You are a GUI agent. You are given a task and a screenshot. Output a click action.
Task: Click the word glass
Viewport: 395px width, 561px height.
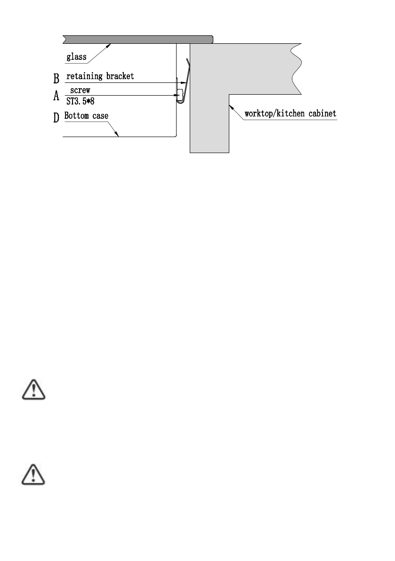pyautogui.click(x=76, y=58)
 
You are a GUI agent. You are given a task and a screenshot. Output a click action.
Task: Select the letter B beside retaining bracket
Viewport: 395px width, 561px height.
pyautogui.click(x=56, y=77)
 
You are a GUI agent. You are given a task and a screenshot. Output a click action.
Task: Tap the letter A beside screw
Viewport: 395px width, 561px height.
pyautogui.click(x=56, y=96)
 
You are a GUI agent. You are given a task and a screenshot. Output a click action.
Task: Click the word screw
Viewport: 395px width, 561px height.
pyautogui.click(x=80, y=89)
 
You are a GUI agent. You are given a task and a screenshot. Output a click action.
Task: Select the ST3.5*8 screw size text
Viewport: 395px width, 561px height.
pyautogui.click(x=83, y=100)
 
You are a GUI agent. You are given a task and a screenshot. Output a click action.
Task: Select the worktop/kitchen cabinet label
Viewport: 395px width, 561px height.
pyautogui.click(x=290, y=114)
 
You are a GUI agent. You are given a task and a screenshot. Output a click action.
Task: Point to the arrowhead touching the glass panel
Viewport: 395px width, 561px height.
pyautogui.click(x=110, y=45)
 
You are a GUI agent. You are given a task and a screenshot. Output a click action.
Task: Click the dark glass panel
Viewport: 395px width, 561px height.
pyautogui.click(x=137, y=38)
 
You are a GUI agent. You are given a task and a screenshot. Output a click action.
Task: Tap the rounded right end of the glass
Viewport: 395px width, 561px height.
pyautogui.click(x=212, y=38)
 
